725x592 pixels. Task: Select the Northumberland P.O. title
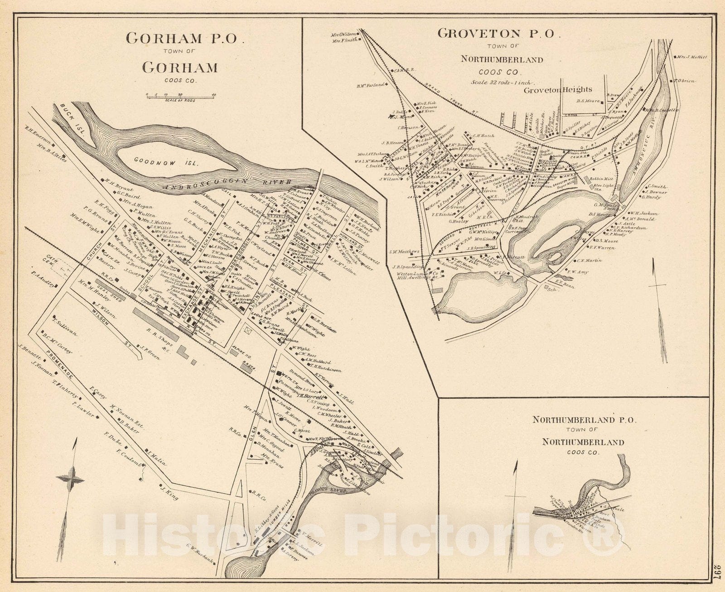585,420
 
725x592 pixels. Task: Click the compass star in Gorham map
70,478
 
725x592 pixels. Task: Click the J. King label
169,494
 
